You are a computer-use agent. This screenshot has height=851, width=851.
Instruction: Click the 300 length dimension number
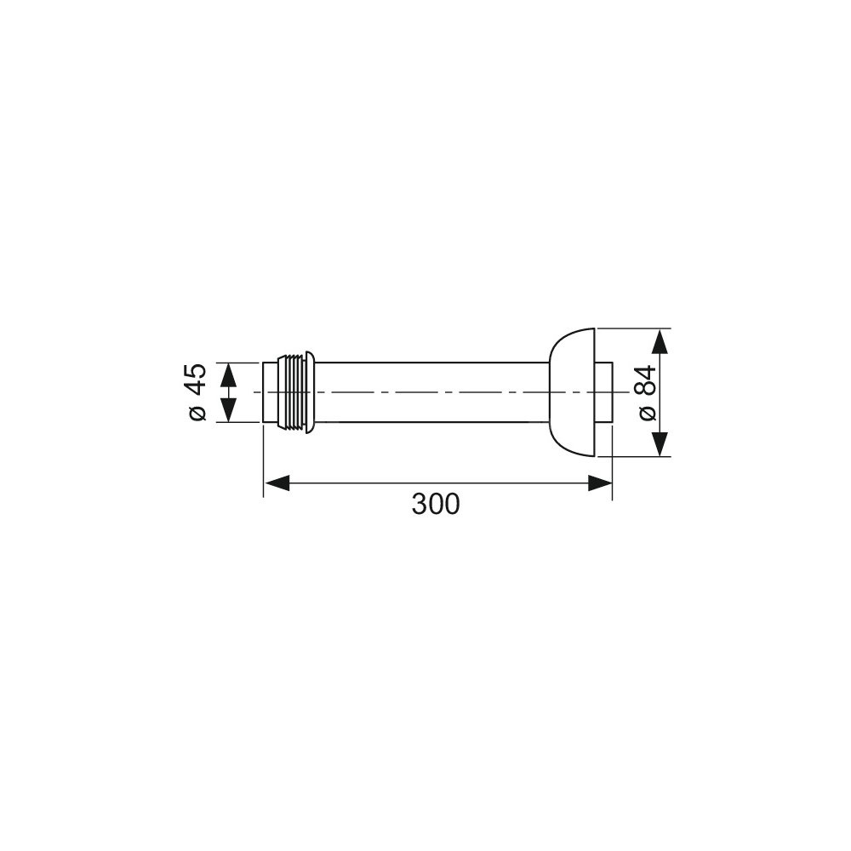click(x=435, y=504)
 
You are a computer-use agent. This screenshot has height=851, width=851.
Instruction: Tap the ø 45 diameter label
click(x=196, y=392)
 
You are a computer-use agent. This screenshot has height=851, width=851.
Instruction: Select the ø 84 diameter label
click(x=648, y=392)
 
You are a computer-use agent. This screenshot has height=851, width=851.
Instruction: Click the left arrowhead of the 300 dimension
click(x=277, y=483)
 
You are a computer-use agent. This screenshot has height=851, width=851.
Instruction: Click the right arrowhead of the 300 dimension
click(x=600, y=483)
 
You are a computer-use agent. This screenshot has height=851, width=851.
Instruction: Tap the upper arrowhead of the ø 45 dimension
click(x=228, y=374)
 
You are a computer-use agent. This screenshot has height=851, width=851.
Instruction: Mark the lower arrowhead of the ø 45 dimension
click(x=228, y=410)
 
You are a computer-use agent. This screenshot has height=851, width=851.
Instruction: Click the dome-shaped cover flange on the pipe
click(x=573, y=392)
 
